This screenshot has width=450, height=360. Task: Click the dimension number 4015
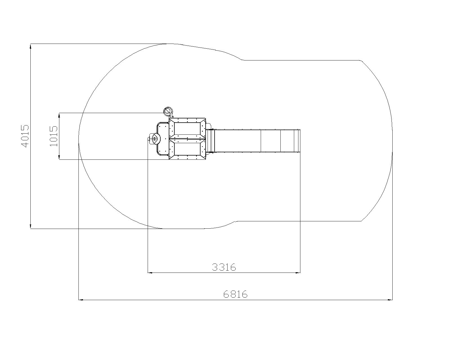point(25,136)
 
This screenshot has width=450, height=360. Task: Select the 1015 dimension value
point(53,136)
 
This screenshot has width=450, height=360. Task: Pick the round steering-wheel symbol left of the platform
point(155,139)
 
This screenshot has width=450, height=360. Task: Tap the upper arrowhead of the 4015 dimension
point(31,46)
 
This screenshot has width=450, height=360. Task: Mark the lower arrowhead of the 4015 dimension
point(31,226)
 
